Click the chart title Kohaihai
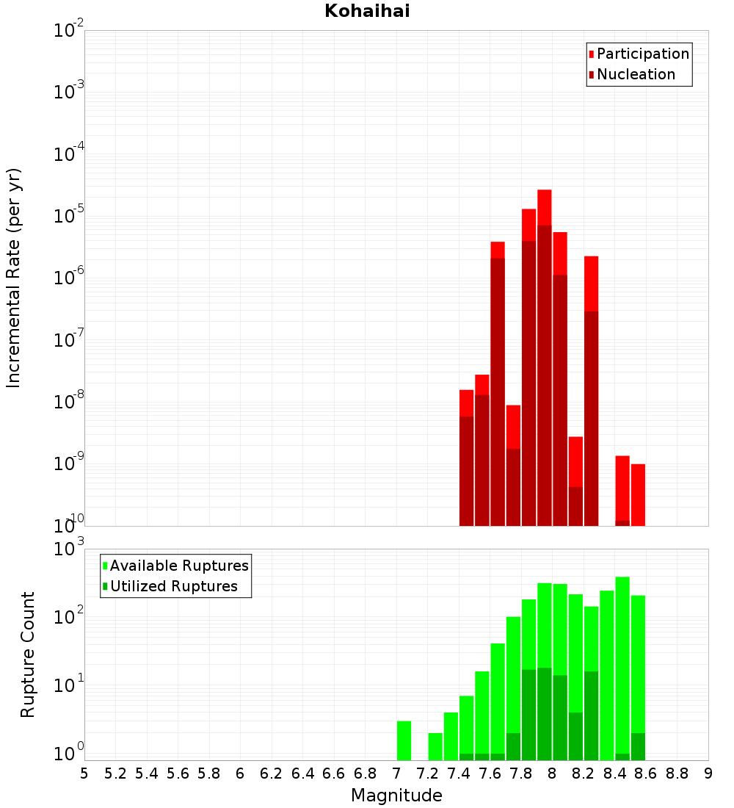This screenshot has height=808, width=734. (x=367, y=11)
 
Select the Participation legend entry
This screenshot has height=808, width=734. (x=638, y=54)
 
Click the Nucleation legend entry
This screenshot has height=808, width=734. (x=631, y=74)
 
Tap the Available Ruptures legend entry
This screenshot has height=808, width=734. (x=175, y=566)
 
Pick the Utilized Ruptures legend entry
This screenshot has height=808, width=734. (x=170, y=586)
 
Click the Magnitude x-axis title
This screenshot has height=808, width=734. (x=396, y=795)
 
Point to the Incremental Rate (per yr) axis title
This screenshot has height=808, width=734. (x=13, y=278)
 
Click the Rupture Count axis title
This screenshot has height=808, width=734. (x=27, y=654)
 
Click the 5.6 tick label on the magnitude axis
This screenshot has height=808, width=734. (x=178, y=774)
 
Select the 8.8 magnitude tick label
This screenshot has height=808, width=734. (x=677, y=774)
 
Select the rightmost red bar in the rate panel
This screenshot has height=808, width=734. (x=638, y=494)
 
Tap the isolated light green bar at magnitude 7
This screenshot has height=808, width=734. (x=404, y=740)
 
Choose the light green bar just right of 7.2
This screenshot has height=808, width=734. (x=435, y=746)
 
